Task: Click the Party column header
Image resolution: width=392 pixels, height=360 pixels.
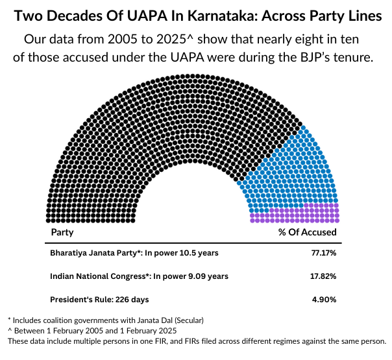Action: click(x=62, y=232)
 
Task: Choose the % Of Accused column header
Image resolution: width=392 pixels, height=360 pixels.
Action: click(x=308, y=232)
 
